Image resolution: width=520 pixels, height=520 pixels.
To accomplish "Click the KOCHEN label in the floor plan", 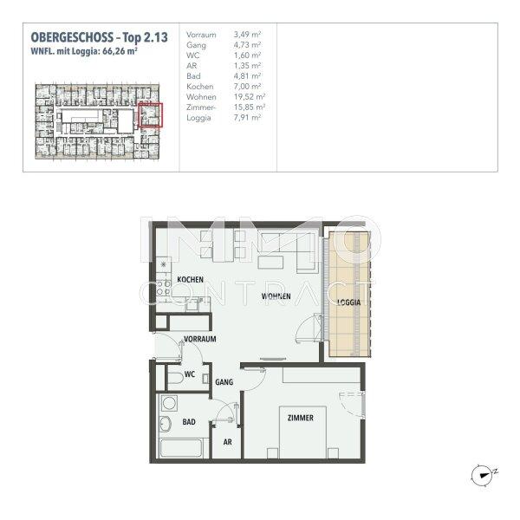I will [190, 280].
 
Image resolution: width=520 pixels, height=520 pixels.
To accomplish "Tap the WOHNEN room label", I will [276, 296].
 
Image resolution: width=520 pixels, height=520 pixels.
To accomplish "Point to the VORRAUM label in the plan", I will [199, 339].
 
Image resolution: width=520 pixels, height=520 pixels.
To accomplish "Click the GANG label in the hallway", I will [224, 381].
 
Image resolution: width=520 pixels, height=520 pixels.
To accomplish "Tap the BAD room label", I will [189, 422].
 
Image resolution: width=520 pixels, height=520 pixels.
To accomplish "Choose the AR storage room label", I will [227, 441].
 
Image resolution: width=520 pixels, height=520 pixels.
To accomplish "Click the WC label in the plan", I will [190, 376].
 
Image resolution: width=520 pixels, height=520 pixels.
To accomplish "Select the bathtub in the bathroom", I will [180, 450].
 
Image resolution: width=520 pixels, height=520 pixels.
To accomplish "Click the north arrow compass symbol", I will [483, 473].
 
